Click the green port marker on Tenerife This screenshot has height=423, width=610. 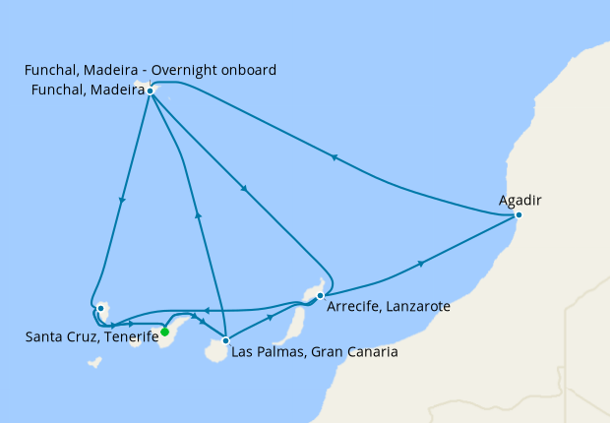164,332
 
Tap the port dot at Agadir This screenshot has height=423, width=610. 518,214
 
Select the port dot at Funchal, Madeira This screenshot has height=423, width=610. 150,91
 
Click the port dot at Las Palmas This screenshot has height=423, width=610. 226,340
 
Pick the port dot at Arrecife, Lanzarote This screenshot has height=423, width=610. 321,294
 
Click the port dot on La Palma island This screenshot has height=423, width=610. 100,309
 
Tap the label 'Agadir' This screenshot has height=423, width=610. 520,201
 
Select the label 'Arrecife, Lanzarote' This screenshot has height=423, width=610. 388,307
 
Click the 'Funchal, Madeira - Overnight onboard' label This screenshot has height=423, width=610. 151,70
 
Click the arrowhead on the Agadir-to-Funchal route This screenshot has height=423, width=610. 335,157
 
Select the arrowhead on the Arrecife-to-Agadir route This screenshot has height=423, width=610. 422,263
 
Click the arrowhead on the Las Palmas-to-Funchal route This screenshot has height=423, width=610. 199,213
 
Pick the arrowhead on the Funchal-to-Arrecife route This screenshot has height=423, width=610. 242,189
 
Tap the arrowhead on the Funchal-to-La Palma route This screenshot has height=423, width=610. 122,201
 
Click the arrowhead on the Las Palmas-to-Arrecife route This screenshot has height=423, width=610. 272,319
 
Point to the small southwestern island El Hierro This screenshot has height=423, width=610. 94,362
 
